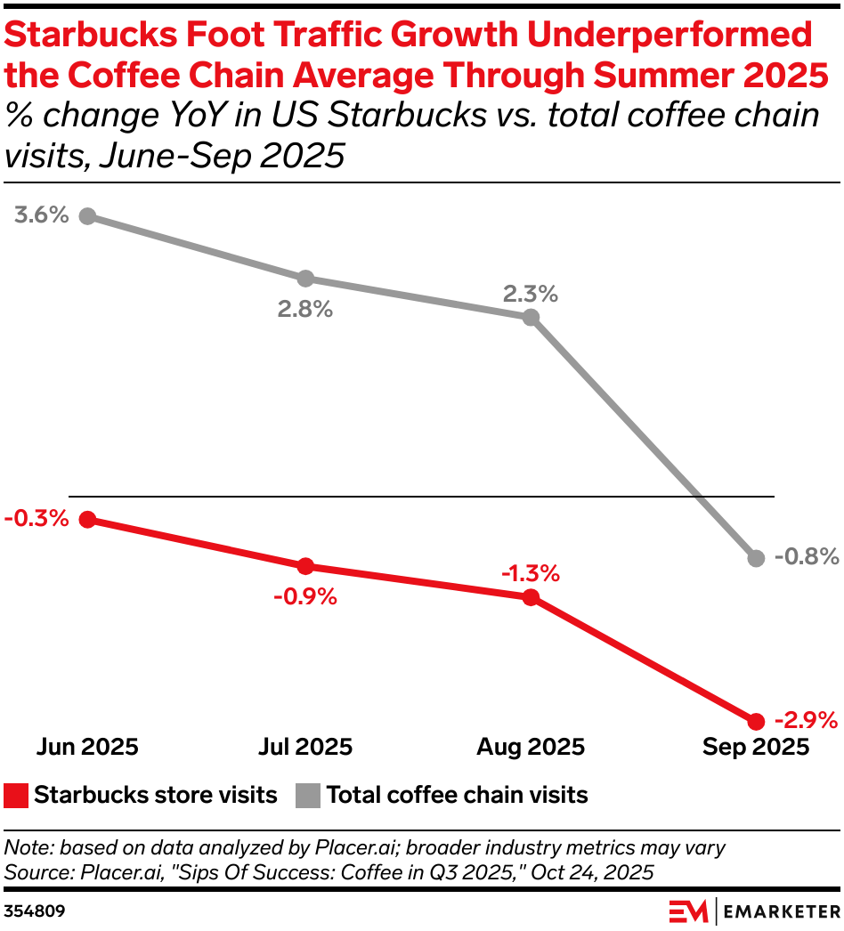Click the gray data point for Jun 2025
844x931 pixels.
tap(87, 216)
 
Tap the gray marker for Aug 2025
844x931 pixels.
tap(531, 317)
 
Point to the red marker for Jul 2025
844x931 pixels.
tap(305, 566)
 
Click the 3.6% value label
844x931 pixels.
tap(41, 215)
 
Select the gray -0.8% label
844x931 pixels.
tap(807, 557)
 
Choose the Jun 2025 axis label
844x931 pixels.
tap(87, 747)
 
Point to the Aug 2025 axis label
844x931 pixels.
tap(530, 747)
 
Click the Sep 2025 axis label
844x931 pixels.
tap(756, 747)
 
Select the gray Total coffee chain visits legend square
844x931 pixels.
tap(308, 795)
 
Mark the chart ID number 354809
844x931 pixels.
tap(35, 911)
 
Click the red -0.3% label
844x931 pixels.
tap(36, 518)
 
